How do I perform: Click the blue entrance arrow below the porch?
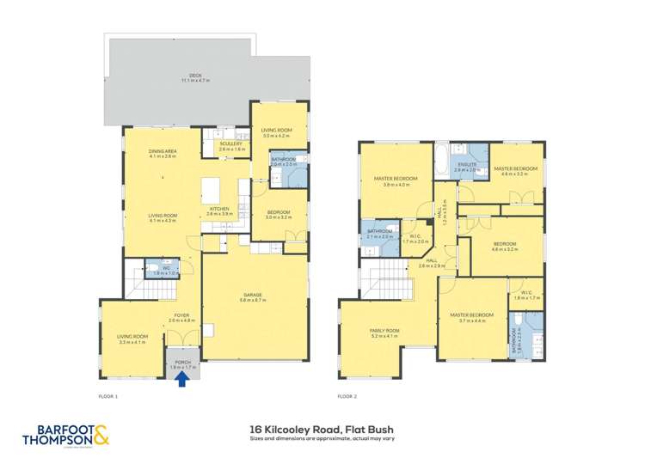point(181,378)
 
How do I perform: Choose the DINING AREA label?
point(163,154)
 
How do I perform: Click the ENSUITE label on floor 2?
point(467,166)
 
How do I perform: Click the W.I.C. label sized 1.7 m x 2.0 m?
point(415,239)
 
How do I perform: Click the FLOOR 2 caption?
point(347,396)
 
